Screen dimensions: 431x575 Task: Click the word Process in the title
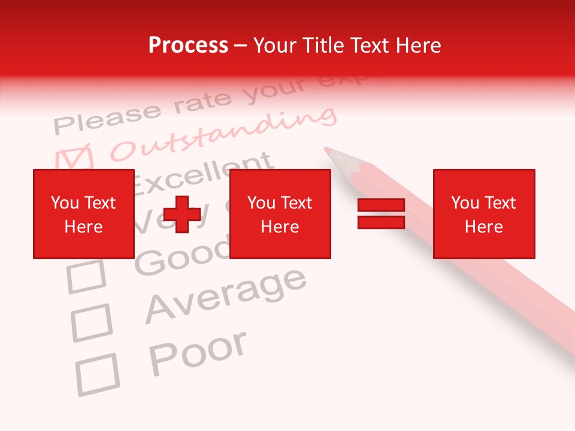coord(188,45)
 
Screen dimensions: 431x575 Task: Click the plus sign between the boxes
coord(182,214)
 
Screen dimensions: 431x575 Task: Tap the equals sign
coord(381,214)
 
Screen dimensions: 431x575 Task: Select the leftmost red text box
coord(83,214)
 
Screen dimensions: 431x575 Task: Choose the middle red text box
coord(280,214)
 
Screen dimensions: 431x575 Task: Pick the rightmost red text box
coord(483,214)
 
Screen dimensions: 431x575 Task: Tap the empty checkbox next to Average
coord(92,323)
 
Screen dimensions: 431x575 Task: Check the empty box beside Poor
coord(97,375)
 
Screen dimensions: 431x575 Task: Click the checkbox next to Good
coord(86,277)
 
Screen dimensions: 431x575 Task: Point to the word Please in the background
coord(108,117)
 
